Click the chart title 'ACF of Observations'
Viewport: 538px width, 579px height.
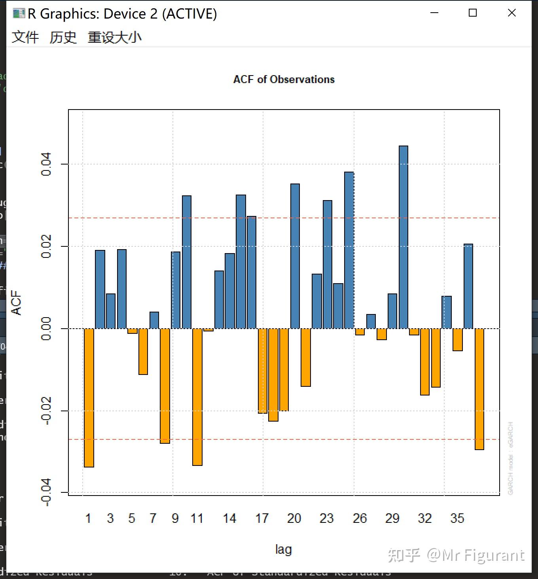pyautogui.click(x=284, y=79)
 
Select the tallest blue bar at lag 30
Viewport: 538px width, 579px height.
pyautogui.click(x=403, y=237)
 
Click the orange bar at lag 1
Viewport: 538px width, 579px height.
pyautogui.click(x=89, y=397)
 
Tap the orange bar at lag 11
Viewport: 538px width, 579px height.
pyautogui.click(x=197, y=397)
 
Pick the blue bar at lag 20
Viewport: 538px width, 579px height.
pyautogui.click(x=295, y=256)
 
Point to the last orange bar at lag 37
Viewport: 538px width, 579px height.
pyautogui.click(x=479, y=389)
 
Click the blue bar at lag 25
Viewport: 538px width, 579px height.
pyautogui.click(x=349, y=250)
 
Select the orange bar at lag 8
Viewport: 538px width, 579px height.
pyautogui.click(x=165, y=386)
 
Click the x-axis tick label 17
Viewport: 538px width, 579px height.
pyautogui.click(x=262, y=518)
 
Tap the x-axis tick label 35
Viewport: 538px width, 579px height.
pyautogui.click(x=457, y=518)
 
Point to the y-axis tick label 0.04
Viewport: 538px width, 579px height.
pyautogui.click(x=46, y=164)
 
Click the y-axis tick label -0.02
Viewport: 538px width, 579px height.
pyautogui.click(x=46, y=411)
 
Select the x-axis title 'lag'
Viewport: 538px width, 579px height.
pyautogui.click(x=283, y=549)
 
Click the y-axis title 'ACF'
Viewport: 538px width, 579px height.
pyautogui.click(x=16, y=303)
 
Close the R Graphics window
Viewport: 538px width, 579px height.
pyautogui.click(x=511, y=13)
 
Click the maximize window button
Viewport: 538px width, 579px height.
pyautogui.click(x=472, y=13)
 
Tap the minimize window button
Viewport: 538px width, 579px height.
pyautogui.click(x=434, y=13)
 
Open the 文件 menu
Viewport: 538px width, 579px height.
pyautogui.click(x=25, y=37)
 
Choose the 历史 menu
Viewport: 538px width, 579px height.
pyautogui.click(x=63, y=37)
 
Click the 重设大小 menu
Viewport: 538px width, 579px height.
pyautogui.click(x=114, y=37)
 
